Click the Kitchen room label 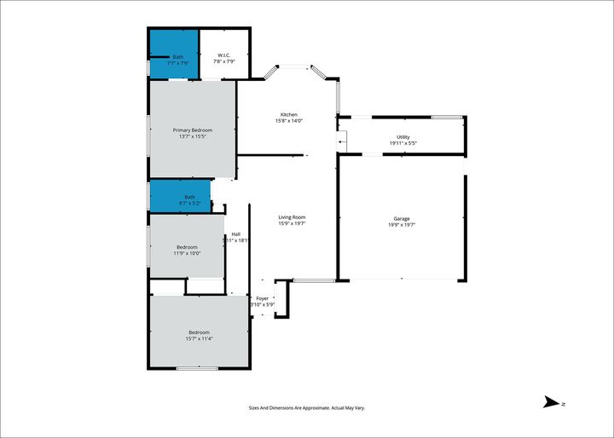(x=289, y=115)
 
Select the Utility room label (x=403, y=136)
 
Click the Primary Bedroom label (x=193, y=130)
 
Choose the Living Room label (x=292, y=217)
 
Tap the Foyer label (x=262, y=298)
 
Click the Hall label (x=235, y=234)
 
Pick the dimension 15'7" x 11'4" (x=199, y=338)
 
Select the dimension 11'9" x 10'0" (x=187, y=253)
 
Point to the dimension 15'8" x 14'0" (x=289, y=121)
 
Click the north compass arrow (x=553, y=403)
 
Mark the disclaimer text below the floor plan (x=306, y=409)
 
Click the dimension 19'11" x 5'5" (x=403, y=143)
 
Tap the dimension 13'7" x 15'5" (x=193, y=136)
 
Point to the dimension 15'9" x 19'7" (x=292, y=224)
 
